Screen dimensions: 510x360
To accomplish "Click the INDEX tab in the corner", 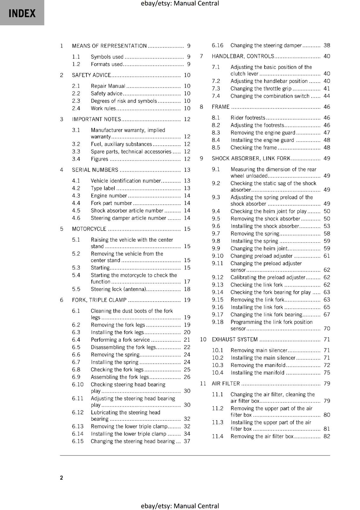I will tap(22, 13).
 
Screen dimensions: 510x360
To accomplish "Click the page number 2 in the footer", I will tap(61, 477).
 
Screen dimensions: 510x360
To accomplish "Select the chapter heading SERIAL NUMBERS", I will tap(95, 170).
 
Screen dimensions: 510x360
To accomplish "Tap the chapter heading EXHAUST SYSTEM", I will tap(235, 339).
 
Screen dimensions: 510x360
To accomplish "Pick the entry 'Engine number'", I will tap(109, 196).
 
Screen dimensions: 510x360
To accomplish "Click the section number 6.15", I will tap(77, 441).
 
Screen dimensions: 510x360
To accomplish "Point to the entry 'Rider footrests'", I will tap(248, 118).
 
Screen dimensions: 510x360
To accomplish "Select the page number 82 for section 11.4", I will tap(327, 436).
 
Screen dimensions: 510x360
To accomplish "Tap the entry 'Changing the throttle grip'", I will tap(261, 89).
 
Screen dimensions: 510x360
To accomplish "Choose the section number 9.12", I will tap(218, 277).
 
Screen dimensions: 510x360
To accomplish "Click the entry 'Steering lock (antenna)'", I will tap(119, 289).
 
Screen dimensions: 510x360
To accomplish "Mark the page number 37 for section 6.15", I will tap(187, 441).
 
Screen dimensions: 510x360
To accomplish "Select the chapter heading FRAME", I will tap(220, 107).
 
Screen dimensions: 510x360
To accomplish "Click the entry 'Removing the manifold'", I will tap(258, 365).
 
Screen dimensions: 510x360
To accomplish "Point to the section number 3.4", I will tap(76, 159).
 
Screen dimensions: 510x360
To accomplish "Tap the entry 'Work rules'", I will tap(103, 108).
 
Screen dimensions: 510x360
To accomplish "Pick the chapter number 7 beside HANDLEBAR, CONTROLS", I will tap(201, 56).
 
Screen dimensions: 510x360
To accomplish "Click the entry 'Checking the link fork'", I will tap(257, 285).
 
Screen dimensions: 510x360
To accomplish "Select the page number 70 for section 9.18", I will tap(327, 328).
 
